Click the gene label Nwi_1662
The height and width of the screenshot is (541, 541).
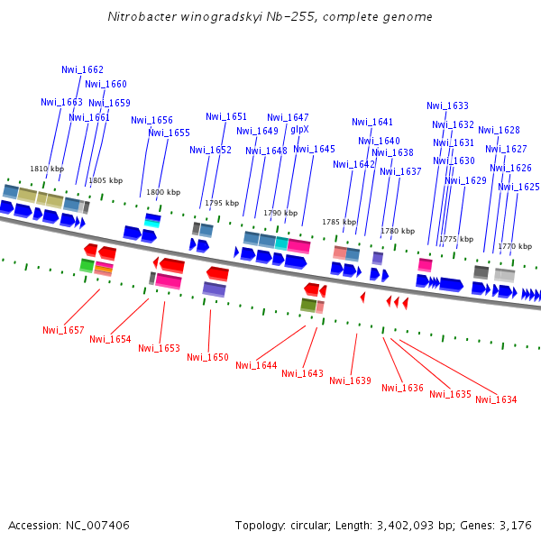[82, 69]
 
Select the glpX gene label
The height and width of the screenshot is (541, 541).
[299, 129]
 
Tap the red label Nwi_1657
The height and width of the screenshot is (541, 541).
[63, 330]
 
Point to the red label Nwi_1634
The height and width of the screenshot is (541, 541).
[496, 399]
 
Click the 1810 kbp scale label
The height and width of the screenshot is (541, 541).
[47, 169]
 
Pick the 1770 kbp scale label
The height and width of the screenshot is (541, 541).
[514, 246]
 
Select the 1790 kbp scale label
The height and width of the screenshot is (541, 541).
[280, 213]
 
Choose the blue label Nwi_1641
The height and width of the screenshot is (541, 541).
[372, 122]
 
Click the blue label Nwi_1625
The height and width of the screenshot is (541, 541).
[518, 187]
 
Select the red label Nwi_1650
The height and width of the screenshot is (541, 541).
[207, 357]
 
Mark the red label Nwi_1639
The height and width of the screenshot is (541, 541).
[350, 381]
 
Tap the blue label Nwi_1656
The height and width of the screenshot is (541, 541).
[151, 120]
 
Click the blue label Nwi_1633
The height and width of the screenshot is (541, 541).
[447, 105]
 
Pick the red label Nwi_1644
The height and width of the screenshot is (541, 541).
[256, 365]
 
